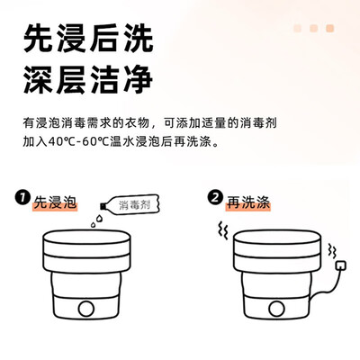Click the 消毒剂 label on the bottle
click(x=135, y=204)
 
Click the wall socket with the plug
click(x=339, y=265)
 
